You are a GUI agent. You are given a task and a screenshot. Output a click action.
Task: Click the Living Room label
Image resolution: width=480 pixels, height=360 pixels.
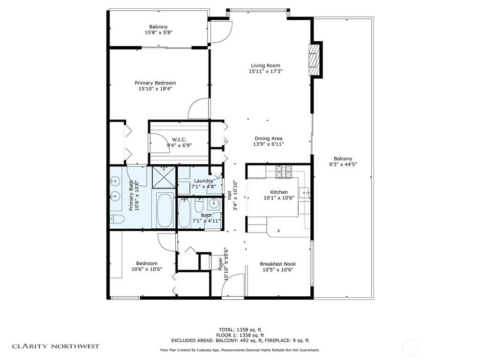(265, 66)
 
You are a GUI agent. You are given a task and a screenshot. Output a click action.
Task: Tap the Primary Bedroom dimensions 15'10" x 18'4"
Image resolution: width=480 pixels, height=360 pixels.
(155, 89)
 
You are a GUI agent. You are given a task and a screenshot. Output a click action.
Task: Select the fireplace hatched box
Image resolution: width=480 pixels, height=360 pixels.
(313, 60)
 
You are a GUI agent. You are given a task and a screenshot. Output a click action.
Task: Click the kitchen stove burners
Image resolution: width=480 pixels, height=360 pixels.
(284, 172)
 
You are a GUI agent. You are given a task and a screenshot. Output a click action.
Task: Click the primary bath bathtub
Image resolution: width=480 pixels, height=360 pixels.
(165, 210)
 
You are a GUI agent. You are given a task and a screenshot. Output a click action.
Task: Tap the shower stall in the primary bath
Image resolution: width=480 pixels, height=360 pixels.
(164, 177)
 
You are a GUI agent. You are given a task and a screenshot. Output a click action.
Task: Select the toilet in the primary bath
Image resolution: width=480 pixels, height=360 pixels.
(117, 219)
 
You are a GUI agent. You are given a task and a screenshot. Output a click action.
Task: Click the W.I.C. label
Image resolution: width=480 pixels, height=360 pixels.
(179, 140)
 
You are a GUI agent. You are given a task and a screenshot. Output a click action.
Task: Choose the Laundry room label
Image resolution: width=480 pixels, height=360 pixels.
(203, 181)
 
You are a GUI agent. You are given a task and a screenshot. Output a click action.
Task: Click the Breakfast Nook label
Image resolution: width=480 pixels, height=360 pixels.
(277, 264)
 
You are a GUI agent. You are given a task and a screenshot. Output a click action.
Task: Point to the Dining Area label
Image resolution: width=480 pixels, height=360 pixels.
(268, 138)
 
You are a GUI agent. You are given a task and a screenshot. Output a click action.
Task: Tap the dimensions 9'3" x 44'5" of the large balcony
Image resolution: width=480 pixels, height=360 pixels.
(343, 165)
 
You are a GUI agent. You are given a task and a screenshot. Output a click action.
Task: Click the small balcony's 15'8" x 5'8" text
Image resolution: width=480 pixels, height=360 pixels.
(158, 32)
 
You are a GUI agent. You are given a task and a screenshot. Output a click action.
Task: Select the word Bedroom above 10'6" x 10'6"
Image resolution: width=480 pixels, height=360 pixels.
(147, 263)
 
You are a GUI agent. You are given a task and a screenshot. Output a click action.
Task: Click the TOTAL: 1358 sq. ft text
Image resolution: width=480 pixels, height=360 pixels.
(240, 330)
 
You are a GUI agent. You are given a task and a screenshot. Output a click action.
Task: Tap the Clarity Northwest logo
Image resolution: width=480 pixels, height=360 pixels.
(56, 346)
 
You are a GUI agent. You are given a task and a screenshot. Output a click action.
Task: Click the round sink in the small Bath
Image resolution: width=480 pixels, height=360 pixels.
(213, 202)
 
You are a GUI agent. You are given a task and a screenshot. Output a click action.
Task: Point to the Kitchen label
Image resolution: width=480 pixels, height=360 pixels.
(279, 192)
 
